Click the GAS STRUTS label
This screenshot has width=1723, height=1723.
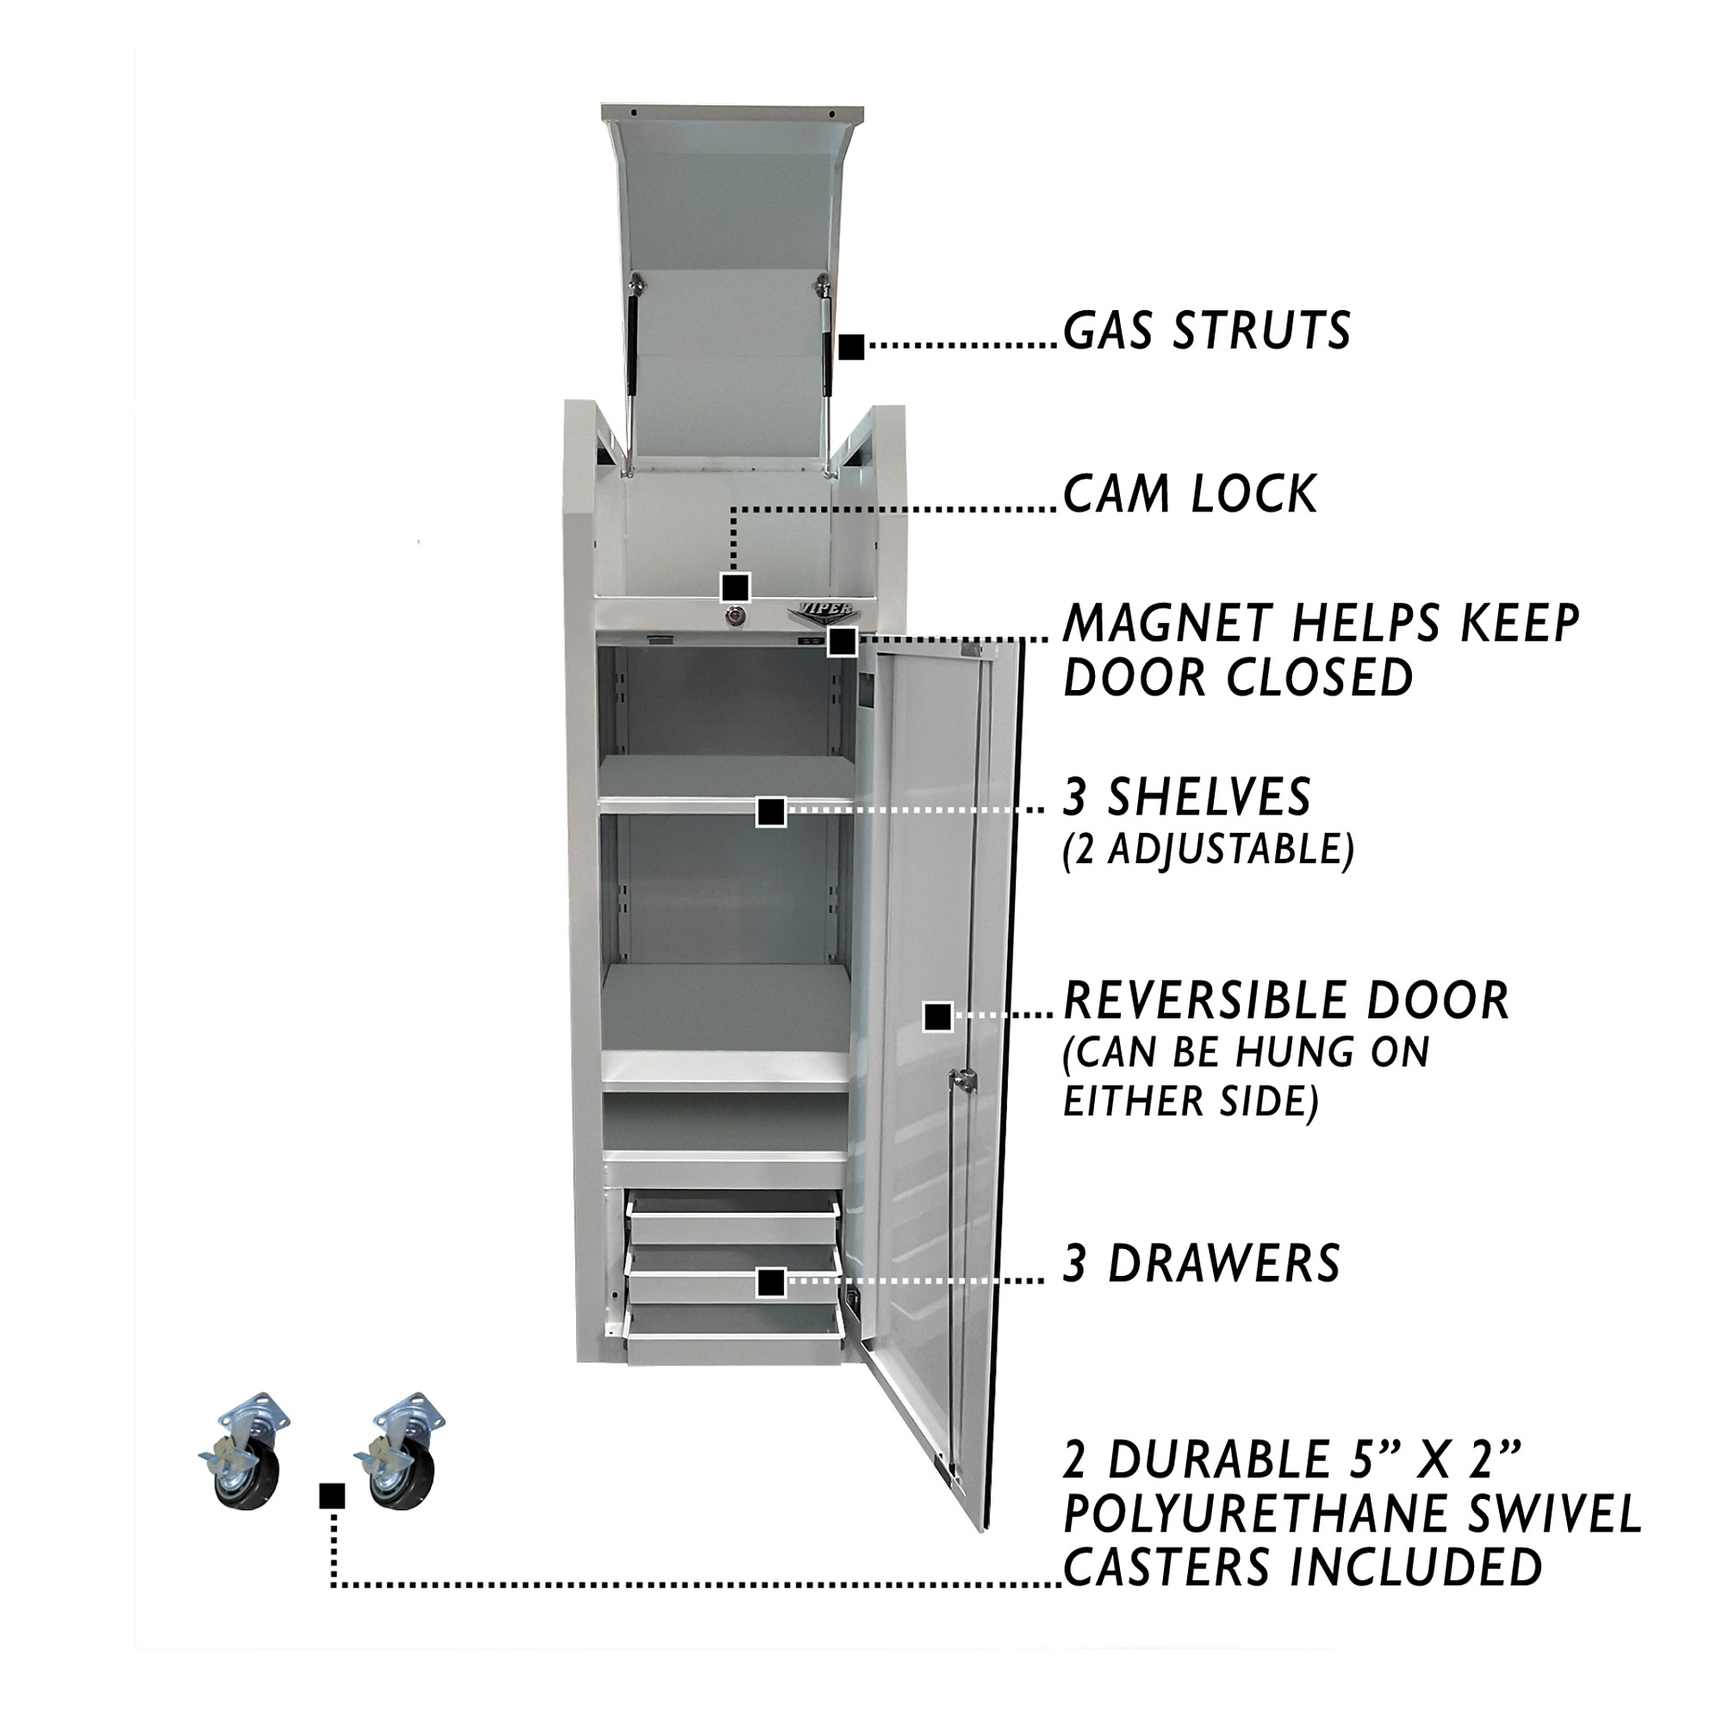pos(1207,331)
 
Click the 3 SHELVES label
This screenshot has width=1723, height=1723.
pos(1186,796)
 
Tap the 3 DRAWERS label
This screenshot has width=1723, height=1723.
pos(1201,1263)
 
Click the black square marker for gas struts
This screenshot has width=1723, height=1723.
pos(852,347)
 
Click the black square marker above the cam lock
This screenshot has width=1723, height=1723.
pos(734,588)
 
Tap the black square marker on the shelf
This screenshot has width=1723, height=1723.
pos(770,812)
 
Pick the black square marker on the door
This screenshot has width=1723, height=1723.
pos(937,1017)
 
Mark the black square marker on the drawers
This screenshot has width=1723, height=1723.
pos(770,1283)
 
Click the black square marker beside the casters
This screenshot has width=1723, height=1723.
pos(332,1496)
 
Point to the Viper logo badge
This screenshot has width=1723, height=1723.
pos(821,611)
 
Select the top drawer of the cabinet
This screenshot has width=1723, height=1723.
pos(733,1218)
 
